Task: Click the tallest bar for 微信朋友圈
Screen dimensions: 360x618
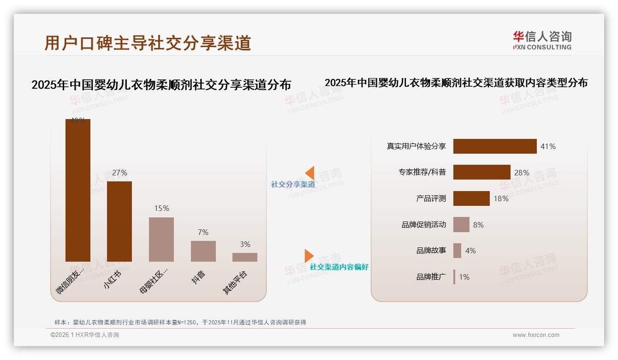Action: click(77, 190)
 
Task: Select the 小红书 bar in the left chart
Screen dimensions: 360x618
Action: click(119, 222)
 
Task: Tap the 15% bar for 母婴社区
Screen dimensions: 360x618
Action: click(161, 240)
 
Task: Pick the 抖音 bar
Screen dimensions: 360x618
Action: click(203, 251)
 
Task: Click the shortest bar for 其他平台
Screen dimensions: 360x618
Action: click(245, 257)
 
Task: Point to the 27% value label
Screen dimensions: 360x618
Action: click(119, 173)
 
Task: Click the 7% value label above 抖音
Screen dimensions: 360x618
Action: click(203, 232)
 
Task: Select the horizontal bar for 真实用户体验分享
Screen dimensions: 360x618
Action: click(495, 146)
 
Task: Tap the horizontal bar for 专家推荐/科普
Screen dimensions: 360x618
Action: click(481, 172)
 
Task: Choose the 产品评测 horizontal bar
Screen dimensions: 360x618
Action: click(471, 198)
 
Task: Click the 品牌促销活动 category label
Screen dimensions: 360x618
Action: click(423, 225)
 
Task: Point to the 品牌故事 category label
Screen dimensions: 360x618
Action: click(431, 251)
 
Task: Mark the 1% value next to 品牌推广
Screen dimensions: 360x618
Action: click(464, 277)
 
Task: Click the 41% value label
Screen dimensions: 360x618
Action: click(548, 146)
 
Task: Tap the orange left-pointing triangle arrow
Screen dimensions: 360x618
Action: click(310, 173)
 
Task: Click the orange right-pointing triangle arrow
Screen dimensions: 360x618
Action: click(309, 256)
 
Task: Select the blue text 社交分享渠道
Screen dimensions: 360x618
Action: click(293, 185)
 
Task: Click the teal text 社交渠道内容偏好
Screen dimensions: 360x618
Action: click(339, 267)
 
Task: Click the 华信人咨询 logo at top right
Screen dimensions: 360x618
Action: click(542, 40)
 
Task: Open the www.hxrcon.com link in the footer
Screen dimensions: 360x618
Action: click(536, 335)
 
